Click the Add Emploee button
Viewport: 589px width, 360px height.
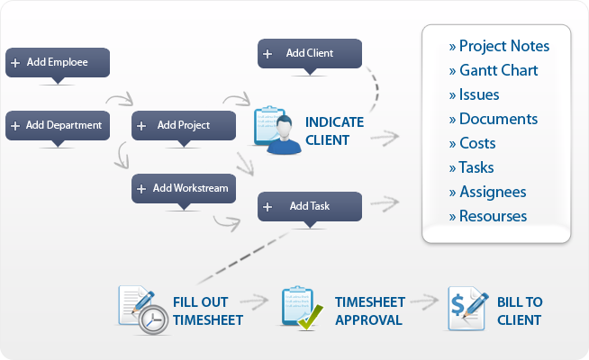click(x=58, y=62)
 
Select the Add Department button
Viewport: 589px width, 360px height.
click(x=58, y=125)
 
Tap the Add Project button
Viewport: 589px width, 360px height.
click(x=184, y=125)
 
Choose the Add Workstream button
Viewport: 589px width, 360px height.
click(x=184, y=188)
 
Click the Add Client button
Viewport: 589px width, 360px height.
click(x=310, y=53)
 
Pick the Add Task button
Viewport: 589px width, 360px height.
click(x=310, y=206)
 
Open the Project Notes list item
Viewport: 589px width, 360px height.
click(x=499, y=46)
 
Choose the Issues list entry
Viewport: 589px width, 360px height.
click(x=474, y=94)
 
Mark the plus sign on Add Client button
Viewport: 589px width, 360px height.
click(x=267, y=53)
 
